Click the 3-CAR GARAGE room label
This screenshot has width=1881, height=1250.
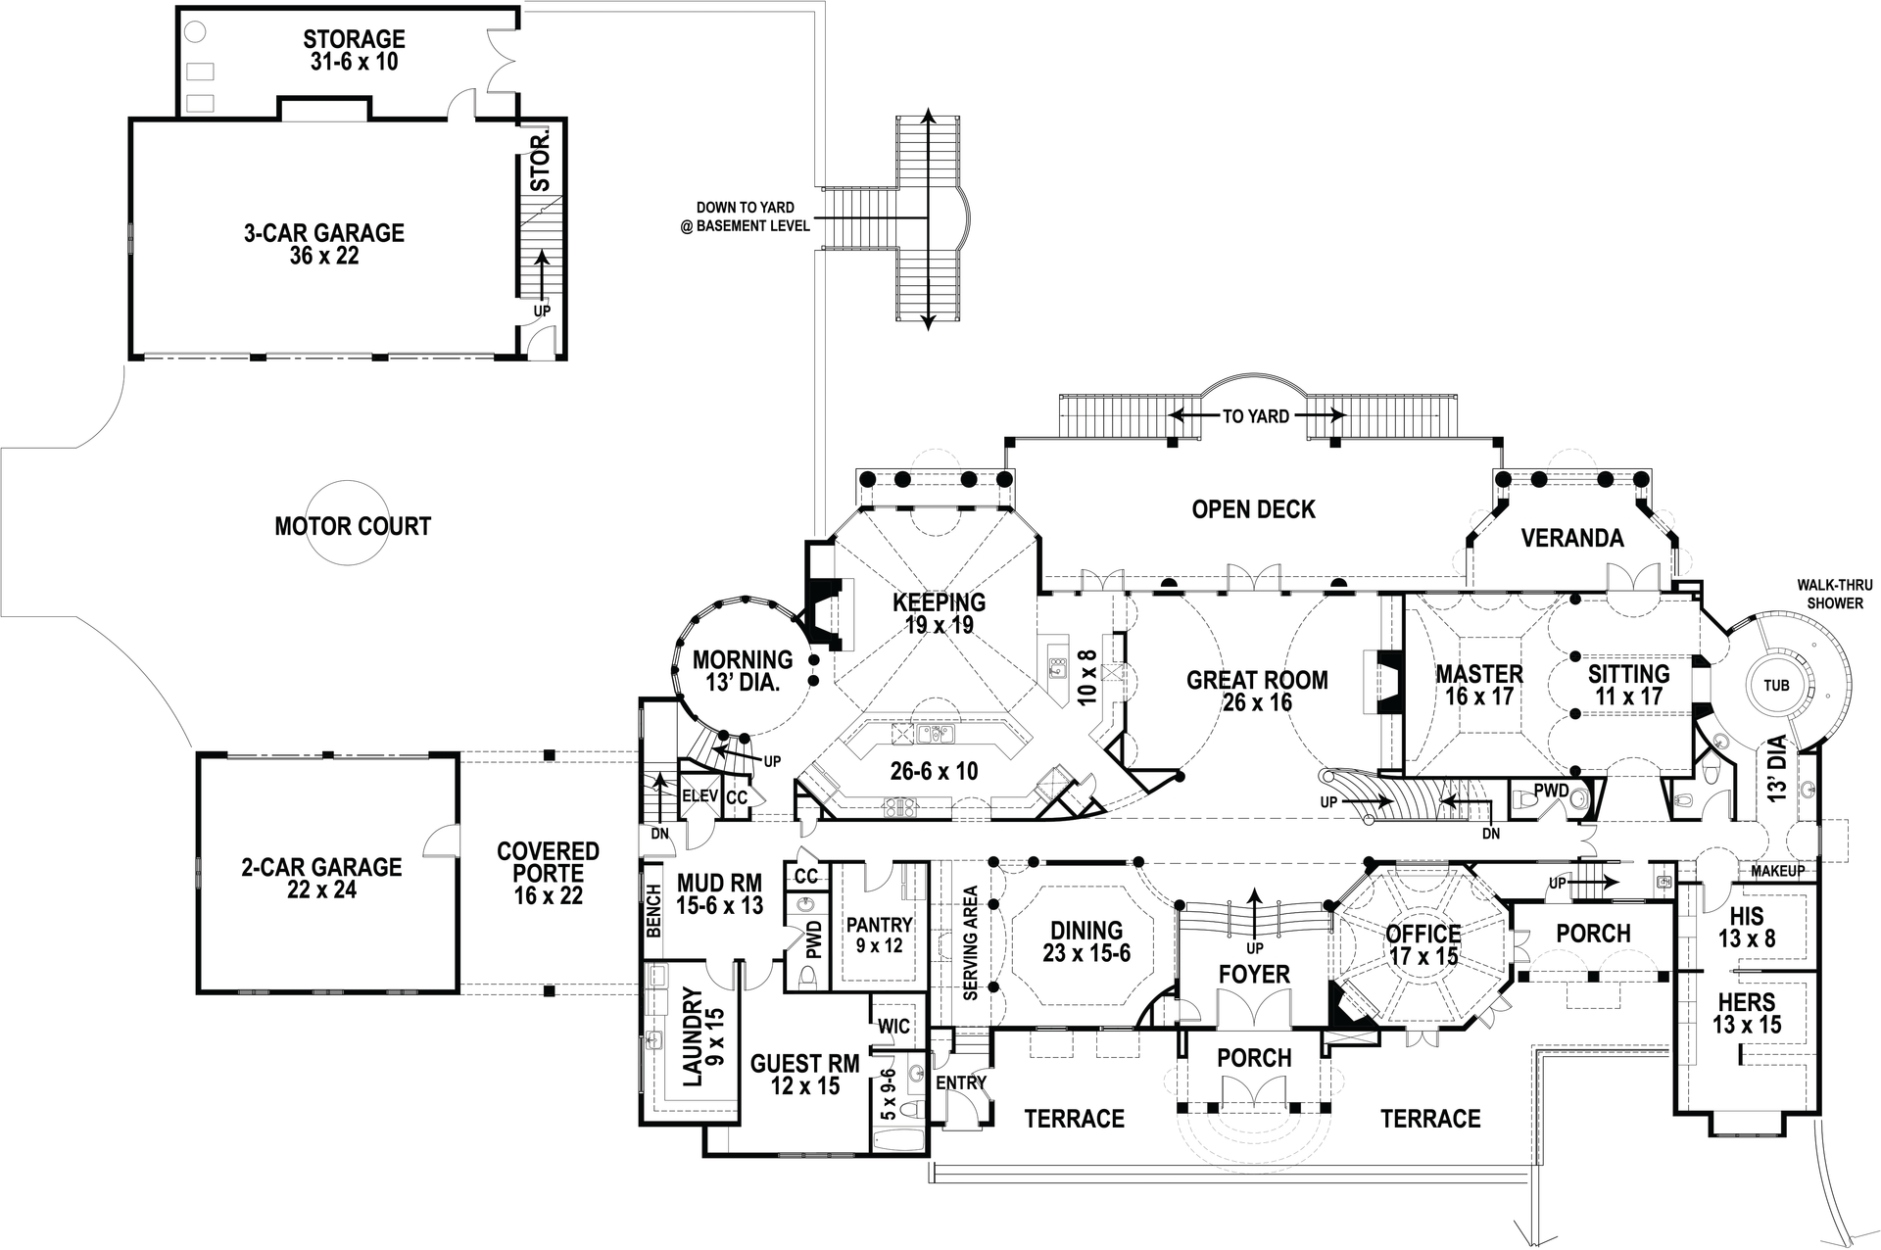[323, 244]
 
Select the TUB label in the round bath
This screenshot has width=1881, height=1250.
[1776, 686]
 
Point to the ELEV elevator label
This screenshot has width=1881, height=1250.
[700, 795]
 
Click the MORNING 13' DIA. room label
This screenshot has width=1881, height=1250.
[742, 671]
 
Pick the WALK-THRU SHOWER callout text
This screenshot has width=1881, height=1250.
[1834, 594]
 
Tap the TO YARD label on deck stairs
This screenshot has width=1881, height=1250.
[1255, 416]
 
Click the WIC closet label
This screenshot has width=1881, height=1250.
[893, 1027]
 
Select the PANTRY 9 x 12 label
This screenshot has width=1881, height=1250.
[879, 935]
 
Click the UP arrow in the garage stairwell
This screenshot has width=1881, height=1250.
[541, 279]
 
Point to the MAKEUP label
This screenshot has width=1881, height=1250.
[1777, 871]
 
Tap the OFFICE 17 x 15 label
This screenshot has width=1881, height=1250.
[1423, 944]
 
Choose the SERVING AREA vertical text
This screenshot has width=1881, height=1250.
[971, 942]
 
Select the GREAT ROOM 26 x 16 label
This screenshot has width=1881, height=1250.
[1257, 691]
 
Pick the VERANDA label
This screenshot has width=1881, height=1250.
[1571, 538]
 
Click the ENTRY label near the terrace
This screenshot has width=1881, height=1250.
[960, 1082]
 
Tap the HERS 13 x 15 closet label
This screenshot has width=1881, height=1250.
[1746, 1013]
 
